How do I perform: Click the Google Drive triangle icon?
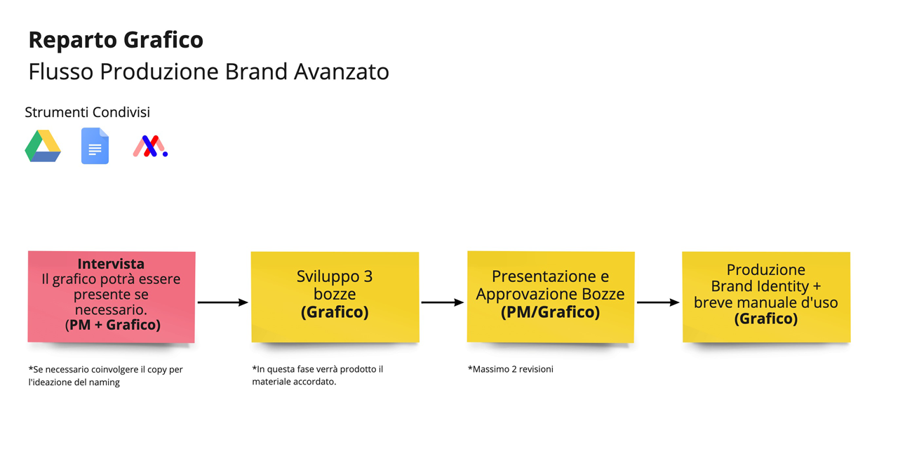[43, 146]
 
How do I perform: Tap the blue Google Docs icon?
[95, 146]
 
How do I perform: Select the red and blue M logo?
[149, 146]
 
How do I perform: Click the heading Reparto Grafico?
[116, 40]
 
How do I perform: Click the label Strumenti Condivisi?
[87, 112]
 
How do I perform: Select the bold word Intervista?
[111, 264]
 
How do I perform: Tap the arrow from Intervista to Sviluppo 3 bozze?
[222, 302]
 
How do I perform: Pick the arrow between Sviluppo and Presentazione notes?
[442, 302]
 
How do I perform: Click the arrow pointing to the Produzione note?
[657, 302]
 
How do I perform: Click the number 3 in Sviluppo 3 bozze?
[368, 276]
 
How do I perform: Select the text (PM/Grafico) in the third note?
[550, 312]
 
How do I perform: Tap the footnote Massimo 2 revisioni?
[511, 369]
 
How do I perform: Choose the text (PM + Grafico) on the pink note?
[112, 325]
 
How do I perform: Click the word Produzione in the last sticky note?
[765, 270]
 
